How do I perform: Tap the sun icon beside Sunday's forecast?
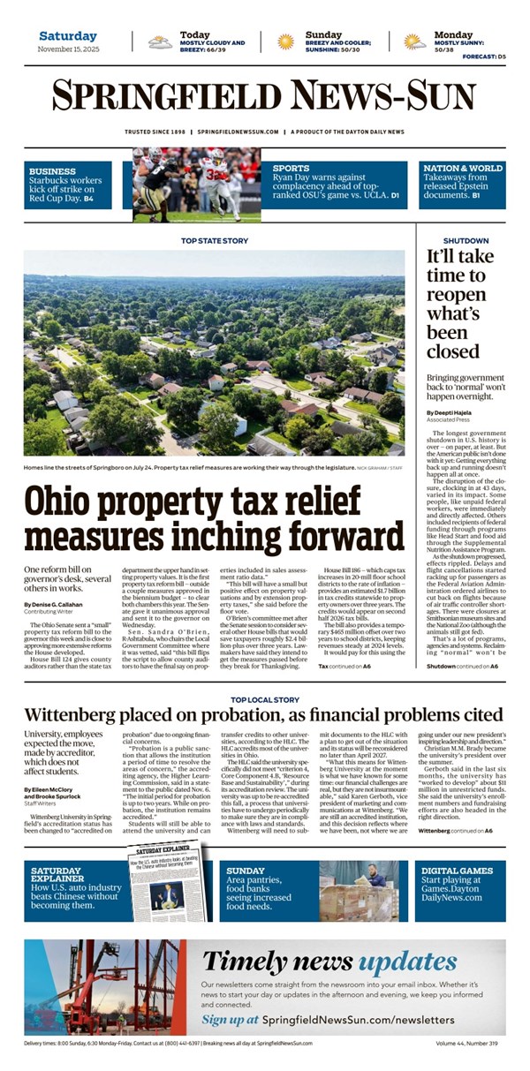[x=285, y=41]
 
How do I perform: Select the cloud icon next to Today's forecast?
[x=160, y=41]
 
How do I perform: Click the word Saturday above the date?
[x=68, y=36]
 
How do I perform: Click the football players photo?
[x=197, y=184]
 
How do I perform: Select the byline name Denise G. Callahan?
[x=54, y=604]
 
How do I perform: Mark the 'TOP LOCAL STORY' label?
[x=264, y=699]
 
